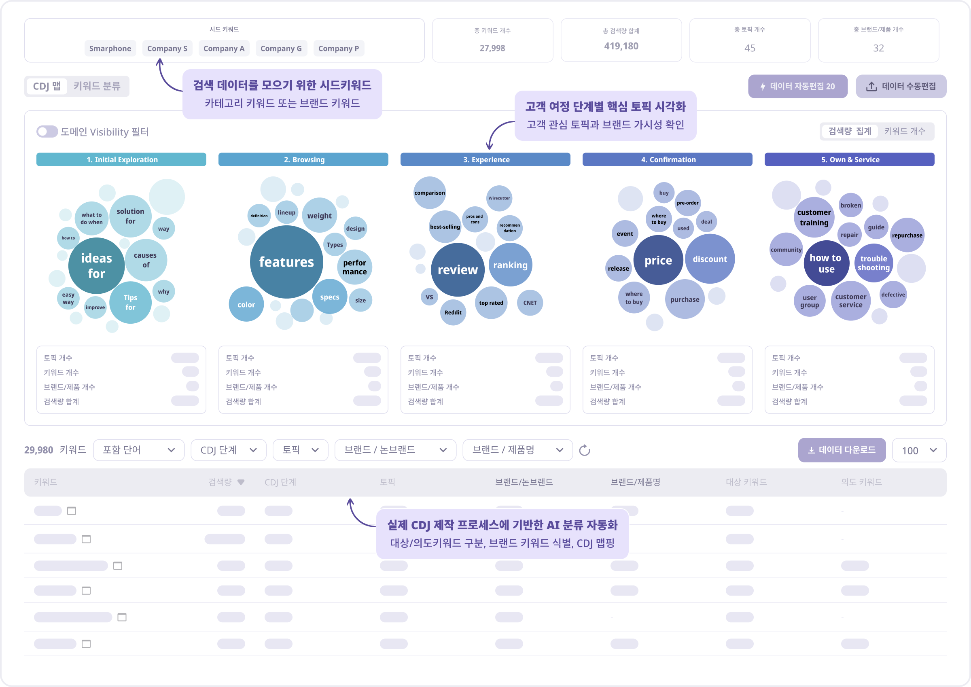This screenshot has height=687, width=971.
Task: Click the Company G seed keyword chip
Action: tap(281, 48)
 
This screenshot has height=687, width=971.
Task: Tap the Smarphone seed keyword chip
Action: tap(110, 48)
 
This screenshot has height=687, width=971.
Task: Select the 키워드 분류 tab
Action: tap(97, 86)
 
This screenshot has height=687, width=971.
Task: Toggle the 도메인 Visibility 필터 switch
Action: tap(47, 131)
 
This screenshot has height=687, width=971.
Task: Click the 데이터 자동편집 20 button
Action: tap(797, 86)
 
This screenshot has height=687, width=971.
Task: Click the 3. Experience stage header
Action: tap(485, 159)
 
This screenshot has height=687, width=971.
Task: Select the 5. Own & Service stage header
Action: tap(849, 159)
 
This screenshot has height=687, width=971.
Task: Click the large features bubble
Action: tap(286, 262)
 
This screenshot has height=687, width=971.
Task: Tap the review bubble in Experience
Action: tap(458, 269)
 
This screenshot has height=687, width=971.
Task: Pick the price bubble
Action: tap(658, 260)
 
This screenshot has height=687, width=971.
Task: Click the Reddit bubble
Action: tap(453, 312)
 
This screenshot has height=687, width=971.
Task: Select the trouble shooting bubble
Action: tap(873, 263)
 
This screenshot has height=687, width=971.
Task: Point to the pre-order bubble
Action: tap(687, 203)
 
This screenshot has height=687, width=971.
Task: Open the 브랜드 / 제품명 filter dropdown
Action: tap(517, 450)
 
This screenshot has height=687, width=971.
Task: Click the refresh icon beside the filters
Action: tap(585, 450)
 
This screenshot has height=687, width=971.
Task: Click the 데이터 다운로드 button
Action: tap(842, 450)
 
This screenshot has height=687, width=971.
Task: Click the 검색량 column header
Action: tap(226, 482)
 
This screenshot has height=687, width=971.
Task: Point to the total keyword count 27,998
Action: tap(492, 48)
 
